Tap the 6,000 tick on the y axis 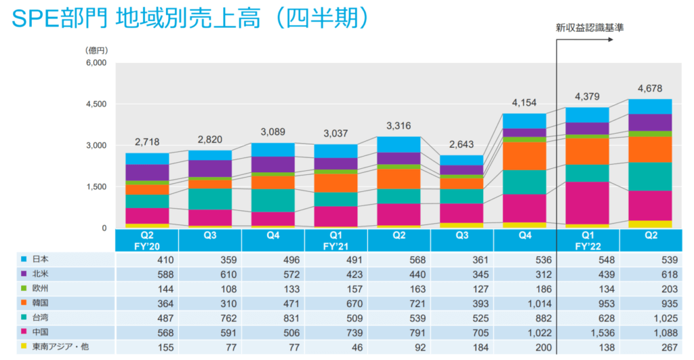(96, 63)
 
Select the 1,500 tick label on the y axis (96, 186)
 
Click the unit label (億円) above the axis (96, 50)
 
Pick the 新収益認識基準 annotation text (585, 28)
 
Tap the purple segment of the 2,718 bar (146, 172)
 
